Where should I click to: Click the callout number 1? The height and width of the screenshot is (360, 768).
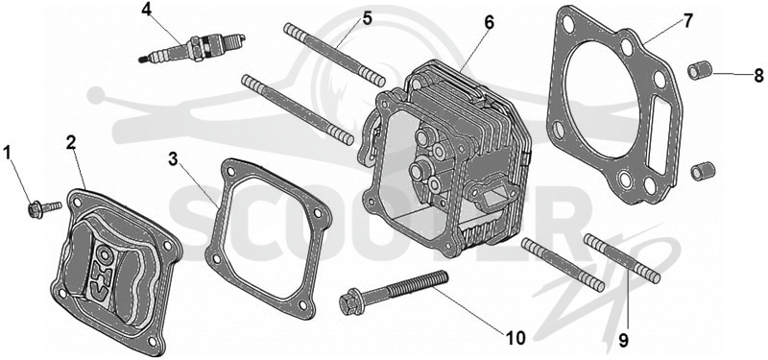tap(8, 153)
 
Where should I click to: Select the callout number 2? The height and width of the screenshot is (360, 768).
tap(71, 142)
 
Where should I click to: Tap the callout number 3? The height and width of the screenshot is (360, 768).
tap(173, 158)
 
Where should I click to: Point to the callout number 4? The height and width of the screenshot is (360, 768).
tap(147, 10)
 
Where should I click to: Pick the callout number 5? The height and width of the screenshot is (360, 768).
tap(368, 18)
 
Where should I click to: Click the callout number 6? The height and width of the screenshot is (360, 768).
tap(489, 22)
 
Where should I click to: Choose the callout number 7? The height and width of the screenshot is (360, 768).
tap(688, 20)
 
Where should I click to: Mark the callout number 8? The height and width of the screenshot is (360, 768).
tap(758, 76)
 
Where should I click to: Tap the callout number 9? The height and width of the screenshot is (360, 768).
tap(623, 341)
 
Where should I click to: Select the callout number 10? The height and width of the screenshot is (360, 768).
tap(516, 338)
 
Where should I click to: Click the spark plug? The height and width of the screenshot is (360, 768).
tap(192, 48)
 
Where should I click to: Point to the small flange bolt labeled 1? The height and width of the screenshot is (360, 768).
tap(44, 209)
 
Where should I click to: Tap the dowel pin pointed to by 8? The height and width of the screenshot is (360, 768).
tap(700, 70)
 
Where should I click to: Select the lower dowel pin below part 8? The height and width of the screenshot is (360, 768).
tap(703, 171)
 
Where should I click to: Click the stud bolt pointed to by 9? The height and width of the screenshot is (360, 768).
tap(622, 258)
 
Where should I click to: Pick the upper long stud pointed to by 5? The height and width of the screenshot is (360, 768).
tap(334, 55)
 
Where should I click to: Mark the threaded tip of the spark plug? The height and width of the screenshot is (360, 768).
tap(143, 60)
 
